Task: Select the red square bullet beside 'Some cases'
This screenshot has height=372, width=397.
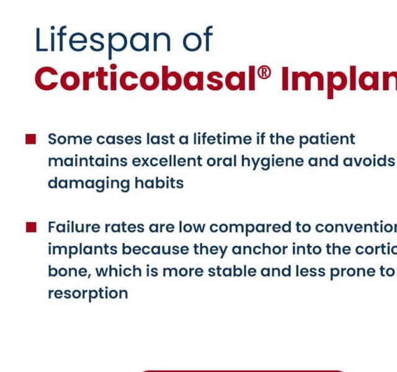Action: (x=30, y=139)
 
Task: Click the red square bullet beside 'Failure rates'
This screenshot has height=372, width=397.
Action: (x=30, y=227)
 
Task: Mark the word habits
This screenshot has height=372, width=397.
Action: (x=159, y=184)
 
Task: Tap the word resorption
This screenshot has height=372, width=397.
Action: (x=87, y=294)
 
